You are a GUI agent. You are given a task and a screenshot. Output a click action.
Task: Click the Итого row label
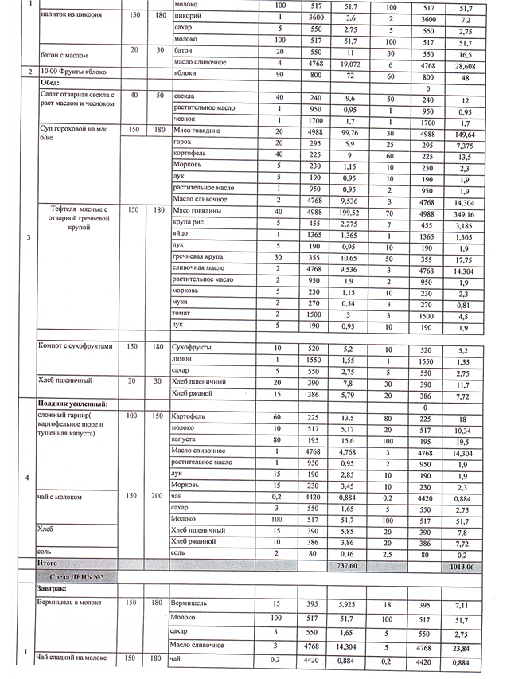coord(49,563)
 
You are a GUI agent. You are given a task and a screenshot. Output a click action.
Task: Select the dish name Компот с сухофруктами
coord(76,346)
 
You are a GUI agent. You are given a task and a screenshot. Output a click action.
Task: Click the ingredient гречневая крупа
coord(197,256)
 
